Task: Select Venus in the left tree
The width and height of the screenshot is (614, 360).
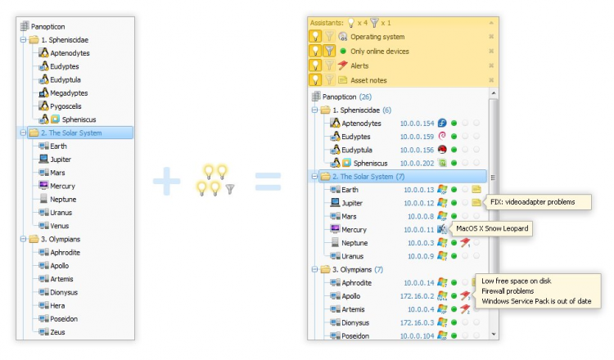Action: pos(60,226)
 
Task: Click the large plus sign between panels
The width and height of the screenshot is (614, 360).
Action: pos(165,182)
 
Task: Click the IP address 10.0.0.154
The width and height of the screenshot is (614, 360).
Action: pos(416,123)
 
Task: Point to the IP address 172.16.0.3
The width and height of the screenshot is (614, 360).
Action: pos(416,322)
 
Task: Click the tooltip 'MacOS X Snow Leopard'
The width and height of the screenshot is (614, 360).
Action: pos(491,228)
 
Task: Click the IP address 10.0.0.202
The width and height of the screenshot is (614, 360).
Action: pos(416,163)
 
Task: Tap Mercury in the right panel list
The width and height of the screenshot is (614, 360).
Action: pos(354,230)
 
